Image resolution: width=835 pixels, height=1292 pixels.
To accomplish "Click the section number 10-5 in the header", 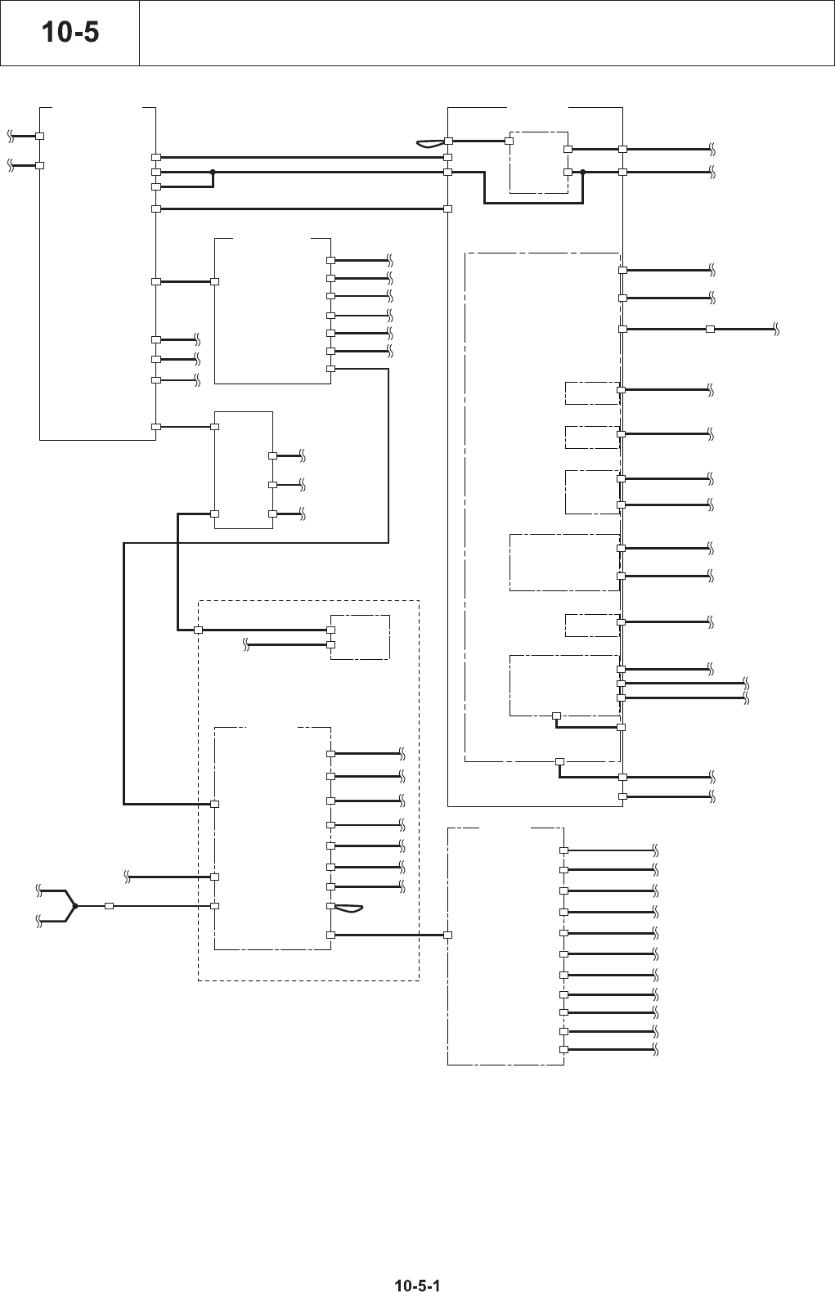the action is pyautogui.click(x=70, y=33).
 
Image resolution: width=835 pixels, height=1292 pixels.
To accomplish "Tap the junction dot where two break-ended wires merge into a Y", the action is pyautogui.click(x=74, y=906).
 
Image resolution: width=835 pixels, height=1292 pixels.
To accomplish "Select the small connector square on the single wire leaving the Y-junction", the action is pyautogui.click(x=109, y=906).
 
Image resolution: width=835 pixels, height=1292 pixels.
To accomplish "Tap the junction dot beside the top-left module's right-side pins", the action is pyautogui.click(x=213, y=172).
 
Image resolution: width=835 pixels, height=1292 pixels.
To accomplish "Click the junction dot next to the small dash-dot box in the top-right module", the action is pyautogui.click(x=583, y=172).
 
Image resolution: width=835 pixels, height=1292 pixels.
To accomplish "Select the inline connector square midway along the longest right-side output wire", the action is pyautogui.click(x=710, y=329).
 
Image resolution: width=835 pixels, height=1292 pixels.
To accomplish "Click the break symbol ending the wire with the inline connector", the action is pyautogui.click(x=774, y=329).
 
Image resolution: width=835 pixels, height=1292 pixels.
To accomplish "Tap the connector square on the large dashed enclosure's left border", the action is pyautogui.click(x=198, y=630).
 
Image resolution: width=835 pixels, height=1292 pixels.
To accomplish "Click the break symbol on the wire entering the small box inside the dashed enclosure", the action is pyautogui.click(x=246, y=646).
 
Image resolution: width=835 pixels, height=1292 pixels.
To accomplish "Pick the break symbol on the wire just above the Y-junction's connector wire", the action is pyautogui.click(x=128, y=877).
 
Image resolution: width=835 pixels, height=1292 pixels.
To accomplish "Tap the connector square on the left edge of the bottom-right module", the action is pyautogui.click(x=448, y=935).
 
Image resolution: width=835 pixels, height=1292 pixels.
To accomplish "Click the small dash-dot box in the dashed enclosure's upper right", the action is pyautogui.click(x=360, y=637).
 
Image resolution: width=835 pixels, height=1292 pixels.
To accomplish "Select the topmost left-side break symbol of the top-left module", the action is pyautogui.click(x=11, y=134).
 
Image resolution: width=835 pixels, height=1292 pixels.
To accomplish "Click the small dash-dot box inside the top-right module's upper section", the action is pyautogui.click(x=538, y=161).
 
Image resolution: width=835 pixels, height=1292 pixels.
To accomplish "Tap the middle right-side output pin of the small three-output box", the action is pyautogui.click(x=272, y=485).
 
